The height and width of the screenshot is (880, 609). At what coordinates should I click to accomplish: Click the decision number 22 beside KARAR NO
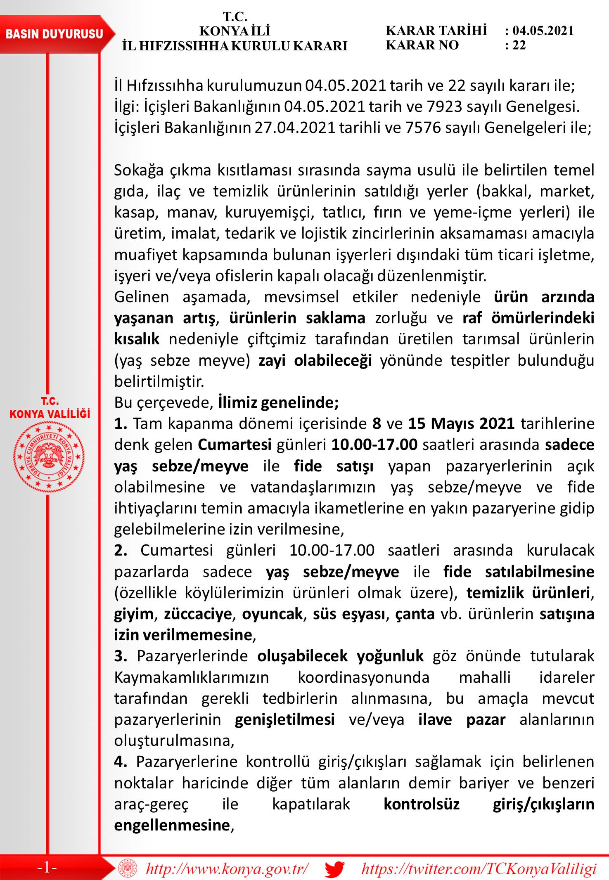tap(519, 45)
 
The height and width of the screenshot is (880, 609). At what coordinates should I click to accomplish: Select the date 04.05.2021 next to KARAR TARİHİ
tap(543, 31)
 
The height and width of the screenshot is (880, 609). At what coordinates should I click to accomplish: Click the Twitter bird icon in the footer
tap(334, 868)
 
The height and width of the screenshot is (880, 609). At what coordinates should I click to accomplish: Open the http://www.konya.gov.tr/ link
tap(227, 868)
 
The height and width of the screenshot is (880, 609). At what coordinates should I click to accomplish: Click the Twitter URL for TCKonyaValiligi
tap(479, 868)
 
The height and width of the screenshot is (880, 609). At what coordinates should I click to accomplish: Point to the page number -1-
tap(47, 868)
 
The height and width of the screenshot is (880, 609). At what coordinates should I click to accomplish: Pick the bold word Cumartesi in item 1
tap(235, 445)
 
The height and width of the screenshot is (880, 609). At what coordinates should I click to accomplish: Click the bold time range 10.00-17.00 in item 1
tap(374, 445)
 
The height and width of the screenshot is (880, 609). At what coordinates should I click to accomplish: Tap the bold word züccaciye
tap(198, 614)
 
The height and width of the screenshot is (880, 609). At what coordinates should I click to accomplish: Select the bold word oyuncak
tap(273, 614)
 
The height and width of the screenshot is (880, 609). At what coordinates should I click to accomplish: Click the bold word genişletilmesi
tap(284, 720)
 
